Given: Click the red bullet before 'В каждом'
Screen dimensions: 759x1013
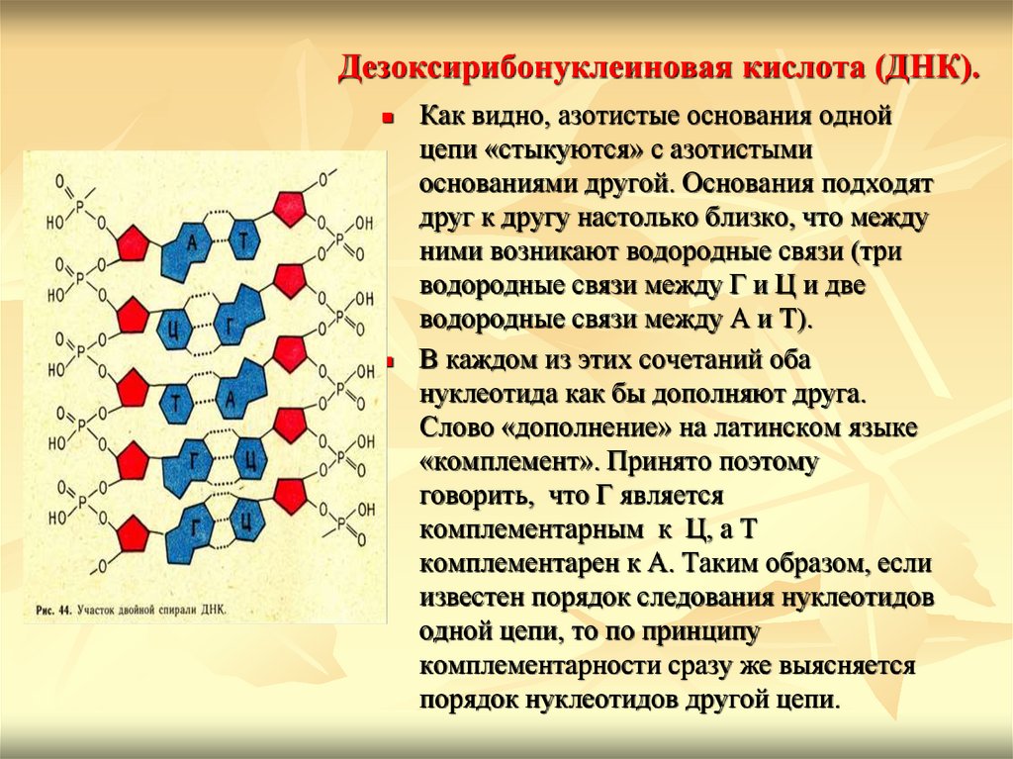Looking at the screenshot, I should click(x=388, y=363).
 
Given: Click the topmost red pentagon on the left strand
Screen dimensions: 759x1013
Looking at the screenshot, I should click(x=130, y=240).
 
